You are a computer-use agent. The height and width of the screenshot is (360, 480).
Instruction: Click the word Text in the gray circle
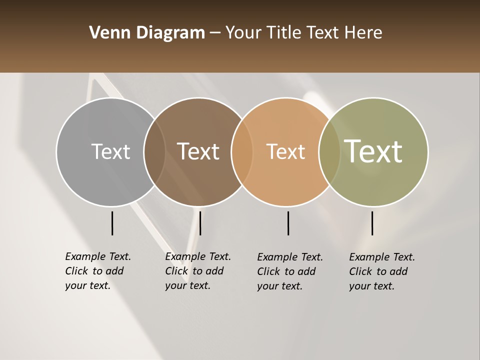coord(110,151)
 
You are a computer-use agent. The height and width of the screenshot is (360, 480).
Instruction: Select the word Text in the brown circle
coord(198,151)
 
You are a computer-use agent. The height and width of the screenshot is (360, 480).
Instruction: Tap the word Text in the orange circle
coord(285,151)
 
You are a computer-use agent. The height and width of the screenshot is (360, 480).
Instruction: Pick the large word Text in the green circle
coord(373,151)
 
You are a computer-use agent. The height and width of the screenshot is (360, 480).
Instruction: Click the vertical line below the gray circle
coord(112,223)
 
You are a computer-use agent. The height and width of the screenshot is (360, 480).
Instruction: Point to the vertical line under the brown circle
coord(200,223)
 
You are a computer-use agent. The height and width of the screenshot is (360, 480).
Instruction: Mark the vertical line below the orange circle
coord(288,223)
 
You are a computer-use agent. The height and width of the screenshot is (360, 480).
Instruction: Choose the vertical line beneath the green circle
coord(372,223)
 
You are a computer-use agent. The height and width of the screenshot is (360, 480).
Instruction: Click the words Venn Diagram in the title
coord(147,33)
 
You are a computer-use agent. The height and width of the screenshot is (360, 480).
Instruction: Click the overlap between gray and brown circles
coord(154,152)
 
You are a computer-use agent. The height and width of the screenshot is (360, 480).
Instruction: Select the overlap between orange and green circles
coord(329,152)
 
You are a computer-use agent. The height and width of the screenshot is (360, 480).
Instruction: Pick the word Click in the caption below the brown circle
coord(176,271)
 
